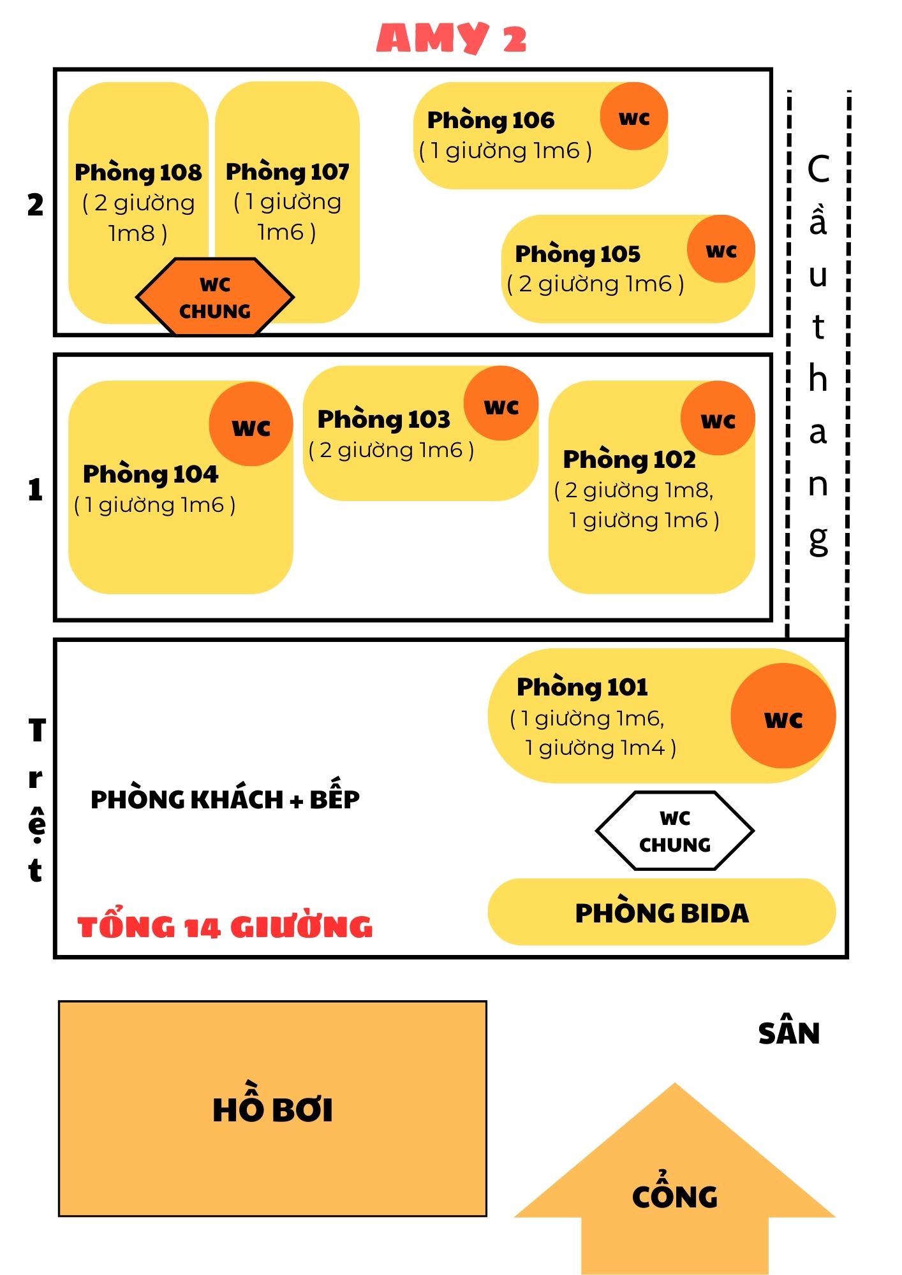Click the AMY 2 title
point(451,38)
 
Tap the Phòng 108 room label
point(138,172)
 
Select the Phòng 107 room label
point(287,171)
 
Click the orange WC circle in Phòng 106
point(633,117)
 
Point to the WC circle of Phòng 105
point(721,249)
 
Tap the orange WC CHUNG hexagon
point(215,297)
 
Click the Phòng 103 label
point(383,419)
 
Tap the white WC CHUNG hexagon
point(675,831)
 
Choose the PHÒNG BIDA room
point(662,912)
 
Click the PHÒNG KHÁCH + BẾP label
point(225,798)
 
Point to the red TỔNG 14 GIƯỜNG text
point(225,926)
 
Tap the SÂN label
point(788,1033)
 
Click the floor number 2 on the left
point(35,205)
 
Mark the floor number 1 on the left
point(35,490)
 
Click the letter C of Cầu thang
point(818,170)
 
